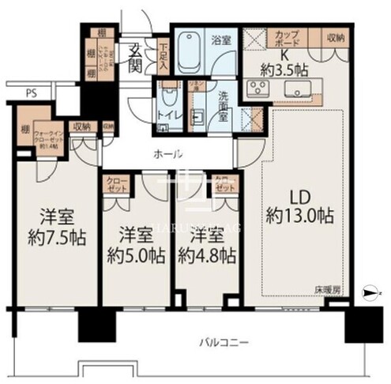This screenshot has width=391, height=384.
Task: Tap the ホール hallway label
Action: pos(170,153)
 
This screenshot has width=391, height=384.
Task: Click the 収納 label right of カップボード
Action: pos(334,38)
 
